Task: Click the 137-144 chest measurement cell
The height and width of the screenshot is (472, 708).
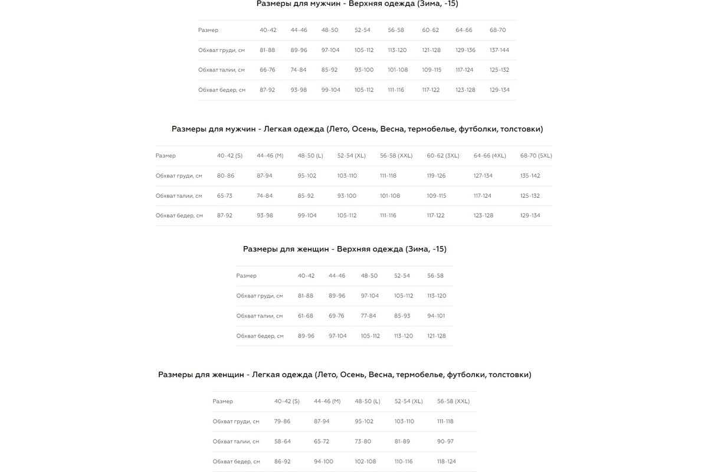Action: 499,50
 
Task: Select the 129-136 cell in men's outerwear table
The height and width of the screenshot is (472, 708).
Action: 466,50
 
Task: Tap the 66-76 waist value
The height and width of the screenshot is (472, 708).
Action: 267,70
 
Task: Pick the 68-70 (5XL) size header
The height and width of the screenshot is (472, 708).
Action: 536,156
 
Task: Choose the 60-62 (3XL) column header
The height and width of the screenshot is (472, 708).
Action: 443,156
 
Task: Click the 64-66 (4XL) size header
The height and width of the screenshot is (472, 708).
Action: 490,156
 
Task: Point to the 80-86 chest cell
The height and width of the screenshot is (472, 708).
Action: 225,176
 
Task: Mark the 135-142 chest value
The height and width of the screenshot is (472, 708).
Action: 530,176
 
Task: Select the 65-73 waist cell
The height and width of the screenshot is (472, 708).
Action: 224,196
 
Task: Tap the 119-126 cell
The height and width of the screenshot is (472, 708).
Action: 436,176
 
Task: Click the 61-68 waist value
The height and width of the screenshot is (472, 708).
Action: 305,316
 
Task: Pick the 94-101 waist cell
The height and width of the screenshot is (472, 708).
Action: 436,316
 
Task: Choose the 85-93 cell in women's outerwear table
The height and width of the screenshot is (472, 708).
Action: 402,316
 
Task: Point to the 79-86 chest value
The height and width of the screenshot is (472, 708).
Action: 282,421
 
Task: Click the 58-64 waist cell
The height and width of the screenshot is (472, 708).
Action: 282,441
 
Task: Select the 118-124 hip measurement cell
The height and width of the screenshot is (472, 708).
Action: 446,461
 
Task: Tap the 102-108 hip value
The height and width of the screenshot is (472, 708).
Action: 365,461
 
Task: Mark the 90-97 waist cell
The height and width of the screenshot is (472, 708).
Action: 445,441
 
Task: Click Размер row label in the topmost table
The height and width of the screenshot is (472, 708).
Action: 208,30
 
